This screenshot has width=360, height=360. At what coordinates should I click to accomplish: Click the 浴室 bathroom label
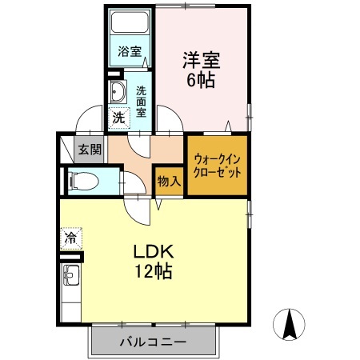[x=130, y=51]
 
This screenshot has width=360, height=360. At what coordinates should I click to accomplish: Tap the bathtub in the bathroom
[x=130, y=23]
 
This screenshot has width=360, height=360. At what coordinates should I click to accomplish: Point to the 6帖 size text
[x=201, y=80]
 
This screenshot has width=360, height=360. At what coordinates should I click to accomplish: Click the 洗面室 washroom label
[x=141, y=102]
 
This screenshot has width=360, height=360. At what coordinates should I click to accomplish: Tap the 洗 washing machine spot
[x=118, y=117]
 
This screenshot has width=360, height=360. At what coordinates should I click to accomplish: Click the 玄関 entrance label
[x=90, y=149]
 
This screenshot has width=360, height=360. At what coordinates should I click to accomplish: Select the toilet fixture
[x=82, y=181]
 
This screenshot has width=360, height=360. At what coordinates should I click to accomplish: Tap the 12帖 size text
[x=152, y=270]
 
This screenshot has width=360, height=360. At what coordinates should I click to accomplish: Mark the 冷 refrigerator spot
[x=70, y=237]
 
